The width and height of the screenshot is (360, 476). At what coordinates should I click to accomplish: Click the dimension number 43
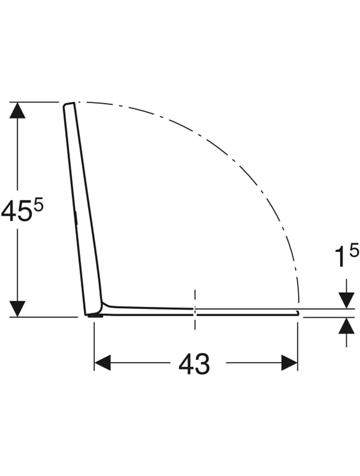click(194, 364)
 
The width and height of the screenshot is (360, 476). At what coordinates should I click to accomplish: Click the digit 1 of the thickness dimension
click(340, 257)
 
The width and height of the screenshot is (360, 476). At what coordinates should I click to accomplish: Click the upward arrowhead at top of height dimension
click(17, 110)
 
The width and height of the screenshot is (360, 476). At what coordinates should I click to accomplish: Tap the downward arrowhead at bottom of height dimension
click(17, 309)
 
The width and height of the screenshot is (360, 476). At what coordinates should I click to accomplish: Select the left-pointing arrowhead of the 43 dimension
click(103, 363)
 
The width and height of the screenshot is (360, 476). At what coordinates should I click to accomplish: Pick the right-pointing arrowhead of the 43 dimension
click(289, 363)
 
